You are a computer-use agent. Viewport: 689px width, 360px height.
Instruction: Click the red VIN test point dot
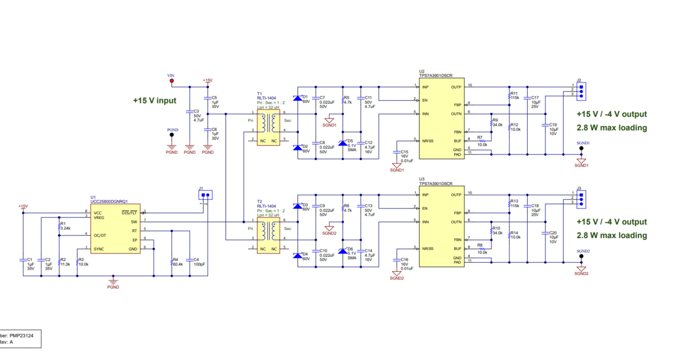pos(171,81)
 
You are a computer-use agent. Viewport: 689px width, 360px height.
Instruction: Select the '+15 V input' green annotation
pos(154,100)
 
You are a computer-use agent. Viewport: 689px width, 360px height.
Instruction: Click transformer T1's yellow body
pos(268,128)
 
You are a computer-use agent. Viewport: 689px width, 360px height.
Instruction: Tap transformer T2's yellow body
pos(268,235)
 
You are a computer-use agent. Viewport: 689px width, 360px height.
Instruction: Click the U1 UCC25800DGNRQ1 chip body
pos(115,229)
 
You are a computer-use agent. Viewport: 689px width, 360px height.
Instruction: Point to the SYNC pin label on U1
pos(99,249)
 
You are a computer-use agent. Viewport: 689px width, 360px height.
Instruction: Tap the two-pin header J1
pos(205,195)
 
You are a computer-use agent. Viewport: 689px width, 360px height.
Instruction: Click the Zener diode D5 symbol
pos(343,143)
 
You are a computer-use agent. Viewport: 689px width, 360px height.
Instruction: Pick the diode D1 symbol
pos(298,98)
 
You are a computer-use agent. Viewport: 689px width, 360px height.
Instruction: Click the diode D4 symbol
pos(298,255)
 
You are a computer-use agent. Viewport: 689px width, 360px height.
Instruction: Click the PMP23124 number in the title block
pos(21,335)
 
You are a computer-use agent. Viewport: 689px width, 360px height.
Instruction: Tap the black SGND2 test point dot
pos(581,257)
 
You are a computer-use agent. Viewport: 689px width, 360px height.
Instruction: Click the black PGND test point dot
pos(172,135)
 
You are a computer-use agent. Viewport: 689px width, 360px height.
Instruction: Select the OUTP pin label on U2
pos(456,87)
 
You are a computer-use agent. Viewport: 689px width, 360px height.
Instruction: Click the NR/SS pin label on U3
pos(428,248)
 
